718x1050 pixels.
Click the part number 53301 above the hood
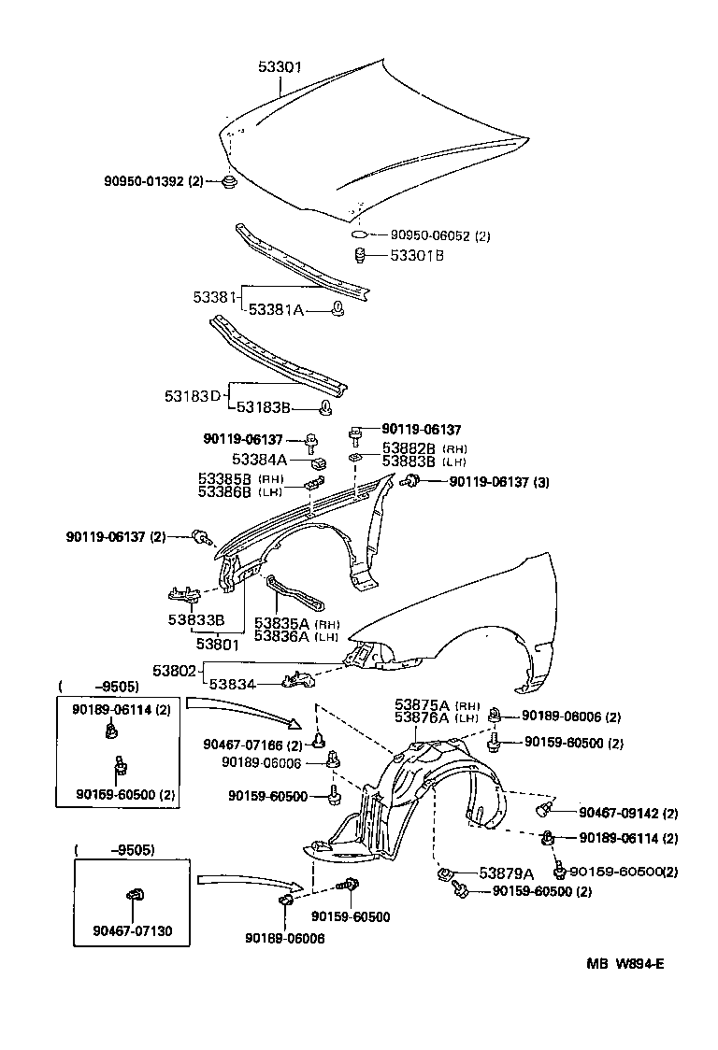[x=280, y=67]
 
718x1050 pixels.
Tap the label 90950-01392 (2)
[x=153, y=180]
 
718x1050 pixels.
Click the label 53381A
[x=275, y=310]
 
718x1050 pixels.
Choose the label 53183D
[x=193, y=395]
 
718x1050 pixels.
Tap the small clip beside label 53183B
[x=326, y=406]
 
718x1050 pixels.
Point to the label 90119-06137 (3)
[x=498, y=481]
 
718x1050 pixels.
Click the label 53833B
[x=196, y=619]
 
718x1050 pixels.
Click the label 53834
[x=232, y=684]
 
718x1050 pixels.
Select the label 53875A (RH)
[x=437, y=704]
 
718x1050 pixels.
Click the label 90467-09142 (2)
[x=628, y=813]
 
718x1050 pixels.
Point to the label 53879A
[x=506, y=873]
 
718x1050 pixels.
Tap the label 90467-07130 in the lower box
[x=132, y=930]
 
